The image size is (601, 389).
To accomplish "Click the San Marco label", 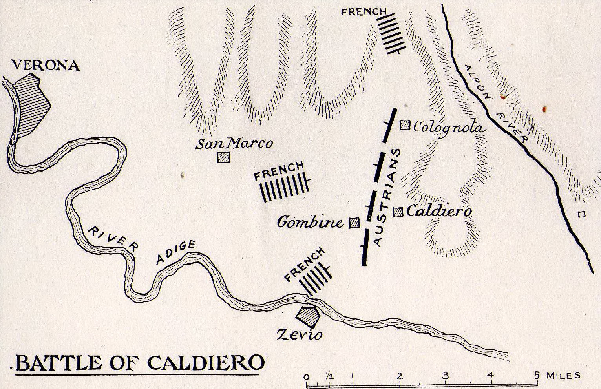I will (x=235, y=144).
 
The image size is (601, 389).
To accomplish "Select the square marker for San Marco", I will (x=223, y=157).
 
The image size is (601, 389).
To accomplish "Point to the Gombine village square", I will (x=354, y=223).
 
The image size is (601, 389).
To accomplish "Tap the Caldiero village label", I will (x=438, y=212).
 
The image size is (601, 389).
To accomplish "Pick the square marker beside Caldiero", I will (x=398, y=212).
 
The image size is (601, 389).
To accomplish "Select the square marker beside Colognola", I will (x=404, y=126).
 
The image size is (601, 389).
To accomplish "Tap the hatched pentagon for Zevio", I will (x=308, y=316).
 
